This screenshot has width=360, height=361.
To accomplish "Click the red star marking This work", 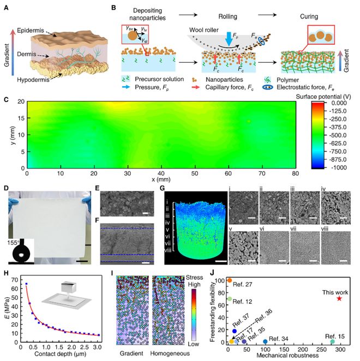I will pyautogui.click(x=340, y=298).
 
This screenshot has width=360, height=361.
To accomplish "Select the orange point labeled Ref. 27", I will pyautogui.click(x=230, y=280).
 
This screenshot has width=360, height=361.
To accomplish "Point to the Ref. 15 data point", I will pyautogui.click(x=332, y=342).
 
